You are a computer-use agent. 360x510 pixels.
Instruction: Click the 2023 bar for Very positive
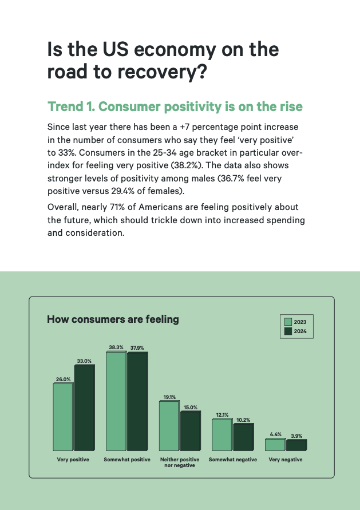(x=63, y=417)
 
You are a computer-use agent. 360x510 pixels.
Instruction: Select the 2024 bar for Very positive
(x=84, y=407)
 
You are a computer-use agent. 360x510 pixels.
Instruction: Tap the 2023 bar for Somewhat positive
(x=116, y=401)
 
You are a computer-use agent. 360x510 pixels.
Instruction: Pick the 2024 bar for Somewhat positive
(x=137, y=401)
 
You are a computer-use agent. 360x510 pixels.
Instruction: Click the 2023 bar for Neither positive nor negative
(x=169, y=425)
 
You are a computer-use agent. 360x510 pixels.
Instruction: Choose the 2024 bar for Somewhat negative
(x=243, y=437)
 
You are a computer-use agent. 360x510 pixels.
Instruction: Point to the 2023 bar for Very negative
(x=275, y=445)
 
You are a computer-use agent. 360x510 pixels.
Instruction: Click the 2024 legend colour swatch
(x=288, y=331)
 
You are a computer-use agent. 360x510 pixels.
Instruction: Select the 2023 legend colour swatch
(x=288, y=322)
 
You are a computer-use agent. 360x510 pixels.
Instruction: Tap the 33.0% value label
(x=84, y=361)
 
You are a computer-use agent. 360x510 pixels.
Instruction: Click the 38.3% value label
(x=116, y=347)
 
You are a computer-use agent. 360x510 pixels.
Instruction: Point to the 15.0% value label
(x=190, y=407)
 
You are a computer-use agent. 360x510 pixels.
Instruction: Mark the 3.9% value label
(x=296, y=436)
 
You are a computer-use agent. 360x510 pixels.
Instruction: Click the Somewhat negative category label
(x=233, y=460)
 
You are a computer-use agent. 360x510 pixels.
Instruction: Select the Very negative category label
(x=286, y=460)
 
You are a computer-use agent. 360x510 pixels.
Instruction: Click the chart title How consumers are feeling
(x=113, y=319)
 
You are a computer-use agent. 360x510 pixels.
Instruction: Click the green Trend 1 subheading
(x=175, y=107)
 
